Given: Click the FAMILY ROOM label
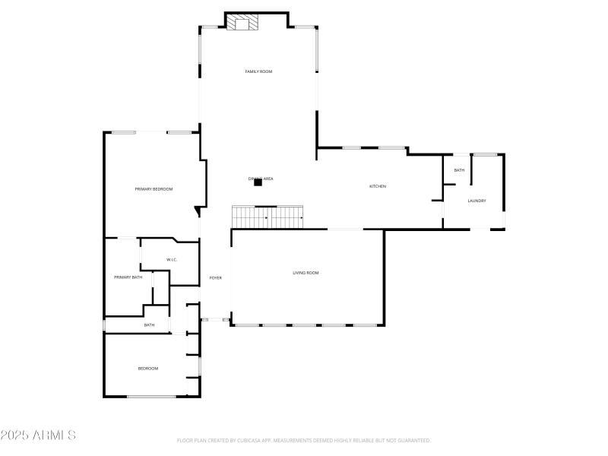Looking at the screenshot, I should click(x=258, y=71).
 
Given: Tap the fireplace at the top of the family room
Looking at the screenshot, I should click(x=243, y=23).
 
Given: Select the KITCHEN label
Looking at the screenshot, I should click(x=378, y=186).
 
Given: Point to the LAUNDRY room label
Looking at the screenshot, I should click(x=477, y=201).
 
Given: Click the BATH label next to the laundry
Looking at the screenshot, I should click(x=459, y=170).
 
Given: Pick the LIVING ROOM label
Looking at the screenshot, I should click(x=306, y=272).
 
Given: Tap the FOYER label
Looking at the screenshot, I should click(x=216, y=278).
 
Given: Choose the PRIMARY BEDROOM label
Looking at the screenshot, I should click(x=154, y=188).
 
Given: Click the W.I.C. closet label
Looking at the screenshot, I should click(x=172, y=260).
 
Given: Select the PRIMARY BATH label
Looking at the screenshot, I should click(x=128, y=277).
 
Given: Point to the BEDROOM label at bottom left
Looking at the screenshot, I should click(x=147, y=369).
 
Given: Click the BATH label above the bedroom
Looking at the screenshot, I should click(x=149, y=325).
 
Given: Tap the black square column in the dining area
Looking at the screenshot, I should click(x=258, y=182).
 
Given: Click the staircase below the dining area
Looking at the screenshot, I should click(x=268, y=217).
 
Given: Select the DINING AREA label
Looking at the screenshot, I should click(x=261, y=179).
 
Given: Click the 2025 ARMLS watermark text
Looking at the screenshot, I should click(x=38, y=435).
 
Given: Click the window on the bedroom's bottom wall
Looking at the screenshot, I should click(x=151, y=397).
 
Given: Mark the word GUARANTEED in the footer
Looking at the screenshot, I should click(x=414, y=440).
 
